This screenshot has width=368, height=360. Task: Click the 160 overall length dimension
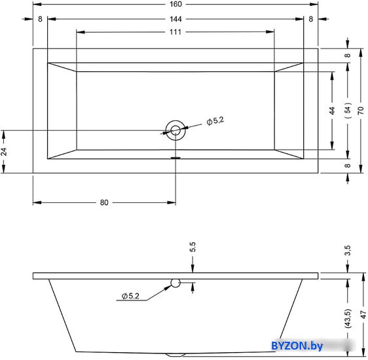[175, 4]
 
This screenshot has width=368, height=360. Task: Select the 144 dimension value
[175, 19]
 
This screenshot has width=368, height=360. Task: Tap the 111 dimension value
[175, 32]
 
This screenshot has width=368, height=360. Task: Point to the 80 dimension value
[104, 202]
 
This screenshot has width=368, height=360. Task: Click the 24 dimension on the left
[4, 152]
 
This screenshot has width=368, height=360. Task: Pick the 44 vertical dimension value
[332, 111]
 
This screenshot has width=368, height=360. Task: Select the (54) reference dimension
[348, 110]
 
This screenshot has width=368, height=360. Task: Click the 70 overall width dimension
[361, 110]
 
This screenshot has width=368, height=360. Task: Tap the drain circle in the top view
[175, 120]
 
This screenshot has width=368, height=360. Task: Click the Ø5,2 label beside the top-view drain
[215, 121]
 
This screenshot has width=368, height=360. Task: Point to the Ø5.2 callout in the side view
[130, 296]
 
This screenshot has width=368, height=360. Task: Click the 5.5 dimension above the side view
[193, 247]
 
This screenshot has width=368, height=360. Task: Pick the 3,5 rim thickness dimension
[348, 250]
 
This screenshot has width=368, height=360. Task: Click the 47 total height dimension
[363, 314]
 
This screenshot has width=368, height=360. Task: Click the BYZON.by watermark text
[297, 346]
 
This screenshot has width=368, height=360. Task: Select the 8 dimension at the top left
[40, 19]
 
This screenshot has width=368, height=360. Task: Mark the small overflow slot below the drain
[175, 158]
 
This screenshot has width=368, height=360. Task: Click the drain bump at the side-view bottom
[175, 355]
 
